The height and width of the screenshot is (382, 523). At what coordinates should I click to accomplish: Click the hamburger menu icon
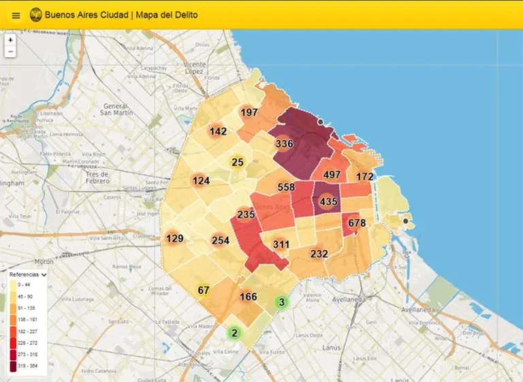pos(16,15)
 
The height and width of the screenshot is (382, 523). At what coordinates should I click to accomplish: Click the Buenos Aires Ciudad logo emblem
pos(35,15)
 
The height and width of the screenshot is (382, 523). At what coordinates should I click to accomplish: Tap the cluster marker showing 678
pos(357,223)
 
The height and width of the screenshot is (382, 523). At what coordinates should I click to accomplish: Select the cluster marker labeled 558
pos(286,187)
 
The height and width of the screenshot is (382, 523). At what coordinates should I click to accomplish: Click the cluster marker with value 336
pos(284,144)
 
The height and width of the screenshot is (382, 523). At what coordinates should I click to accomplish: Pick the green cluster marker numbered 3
pos(281,302)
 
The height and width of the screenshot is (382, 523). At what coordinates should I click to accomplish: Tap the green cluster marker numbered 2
pos(234,333)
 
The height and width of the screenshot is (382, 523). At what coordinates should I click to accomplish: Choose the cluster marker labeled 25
pos(237,162)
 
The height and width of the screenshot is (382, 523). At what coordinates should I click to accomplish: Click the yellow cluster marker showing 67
pos(203,291)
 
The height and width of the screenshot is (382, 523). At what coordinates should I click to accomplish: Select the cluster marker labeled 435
pos(328,202)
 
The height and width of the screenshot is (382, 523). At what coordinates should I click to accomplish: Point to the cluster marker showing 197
pos(249,112)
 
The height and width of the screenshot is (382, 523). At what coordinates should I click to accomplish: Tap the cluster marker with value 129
pos(175,238)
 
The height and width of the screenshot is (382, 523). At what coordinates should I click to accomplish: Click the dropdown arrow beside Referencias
pos(44,274)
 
